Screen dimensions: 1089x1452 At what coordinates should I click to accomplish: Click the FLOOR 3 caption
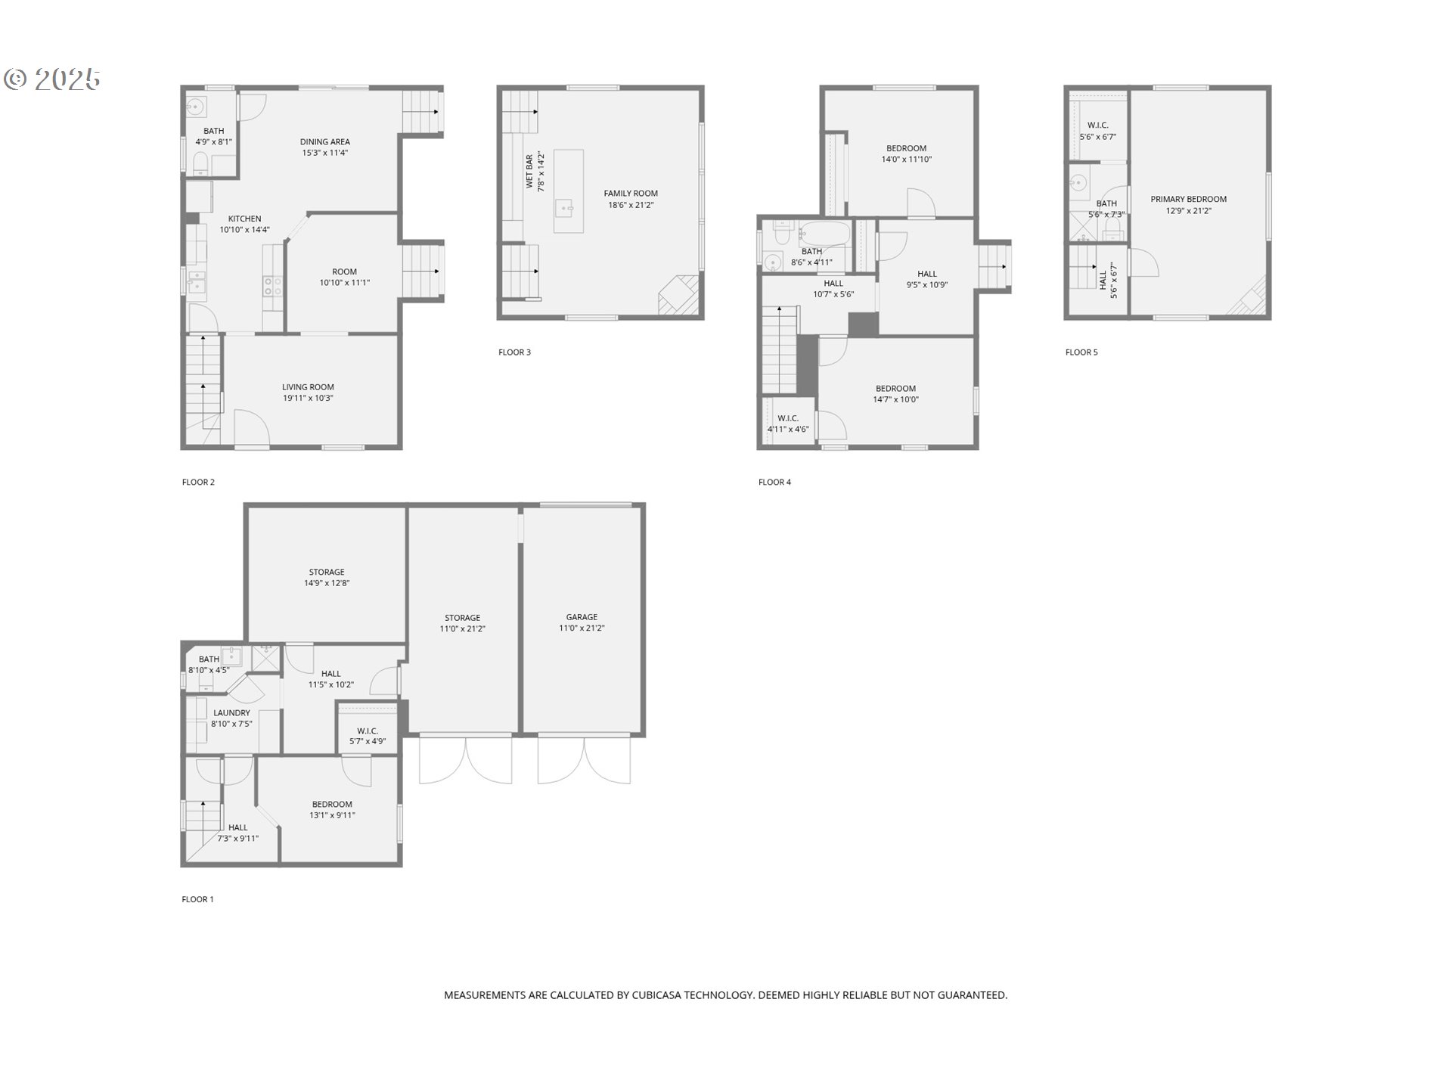(x=514, y=352)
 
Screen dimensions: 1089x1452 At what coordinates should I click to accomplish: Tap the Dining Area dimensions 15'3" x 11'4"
(x=324, y=153)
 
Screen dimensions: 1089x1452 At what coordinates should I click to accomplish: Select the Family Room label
(x=630, y=194)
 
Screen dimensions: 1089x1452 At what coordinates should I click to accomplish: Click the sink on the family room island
(x=563, y=206)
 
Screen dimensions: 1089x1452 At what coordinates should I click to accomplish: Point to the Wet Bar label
(x=529, y=172)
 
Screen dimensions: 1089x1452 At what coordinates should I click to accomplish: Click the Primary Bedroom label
(x=1188, y=200)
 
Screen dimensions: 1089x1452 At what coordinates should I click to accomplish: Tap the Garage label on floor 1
(x=581, y=617)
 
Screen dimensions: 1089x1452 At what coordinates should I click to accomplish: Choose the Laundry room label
(x=231, y=713)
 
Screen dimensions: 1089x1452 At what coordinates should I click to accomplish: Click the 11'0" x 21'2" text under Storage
(x=462, y=629)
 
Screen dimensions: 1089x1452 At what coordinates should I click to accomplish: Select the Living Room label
(x=308, y=387)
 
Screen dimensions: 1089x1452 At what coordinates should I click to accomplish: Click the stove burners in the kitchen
(x=272, y=286)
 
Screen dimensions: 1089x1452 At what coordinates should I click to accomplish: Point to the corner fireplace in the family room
(x=679, y=296)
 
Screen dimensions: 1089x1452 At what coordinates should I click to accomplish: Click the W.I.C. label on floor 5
(x=1097, y=126)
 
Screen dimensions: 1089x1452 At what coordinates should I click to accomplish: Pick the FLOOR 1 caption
(x=197, y=900)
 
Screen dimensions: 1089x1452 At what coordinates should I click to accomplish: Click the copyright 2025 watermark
(x=52, y=79)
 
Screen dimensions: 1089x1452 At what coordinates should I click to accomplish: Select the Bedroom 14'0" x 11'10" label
(x=906, y=149)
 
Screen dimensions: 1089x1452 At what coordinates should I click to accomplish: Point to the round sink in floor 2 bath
(x=195, y=107)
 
